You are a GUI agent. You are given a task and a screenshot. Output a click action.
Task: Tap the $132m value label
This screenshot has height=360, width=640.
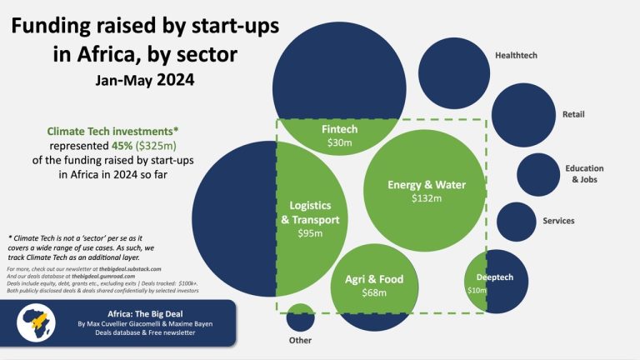coord(427,199)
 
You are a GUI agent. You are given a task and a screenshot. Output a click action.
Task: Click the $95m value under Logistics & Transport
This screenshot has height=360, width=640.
coord(310,234)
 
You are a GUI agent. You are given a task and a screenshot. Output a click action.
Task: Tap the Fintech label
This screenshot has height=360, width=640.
coord(339,130)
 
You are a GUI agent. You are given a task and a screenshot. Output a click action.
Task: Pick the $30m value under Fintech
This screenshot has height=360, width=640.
coord(339,143)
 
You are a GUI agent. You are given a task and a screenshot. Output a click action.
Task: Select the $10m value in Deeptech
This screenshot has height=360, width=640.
coord(476,290)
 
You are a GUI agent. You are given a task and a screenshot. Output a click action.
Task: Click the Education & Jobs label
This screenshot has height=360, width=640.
coord(584,173)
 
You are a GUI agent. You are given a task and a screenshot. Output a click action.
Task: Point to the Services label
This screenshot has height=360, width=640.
coord(558,221)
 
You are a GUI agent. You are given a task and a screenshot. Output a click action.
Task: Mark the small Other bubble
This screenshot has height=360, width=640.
coord(300,317)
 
